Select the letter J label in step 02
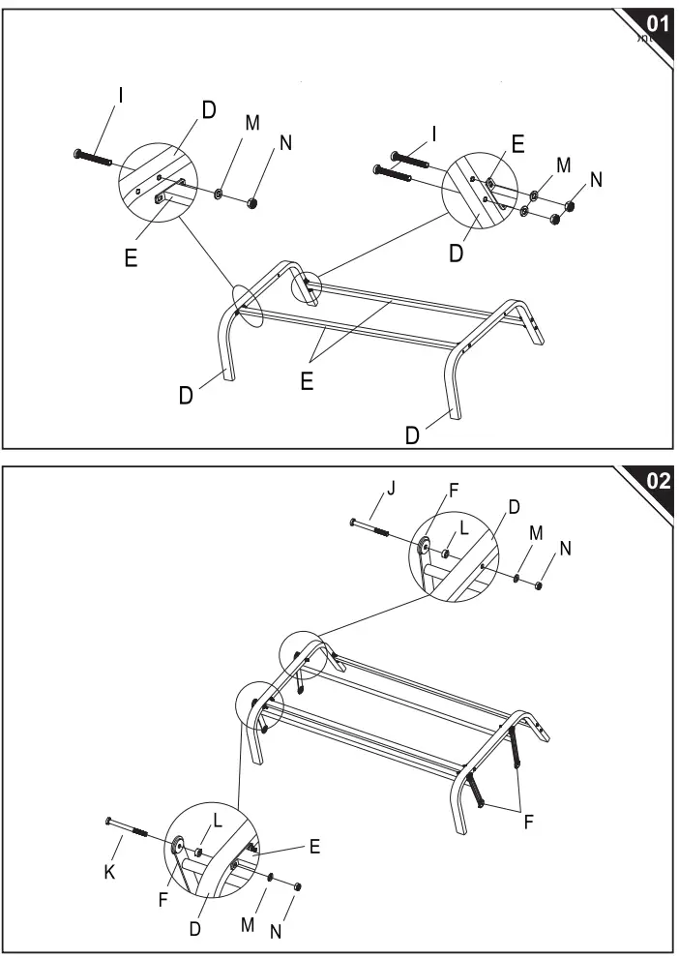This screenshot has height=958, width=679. coord(391,488)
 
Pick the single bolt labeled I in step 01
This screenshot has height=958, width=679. coord(93,157)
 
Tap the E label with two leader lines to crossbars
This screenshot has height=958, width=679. coord(306,381)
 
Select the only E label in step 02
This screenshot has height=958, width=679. coord(314,847)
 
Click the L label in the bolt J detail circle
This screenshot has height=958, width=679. coord(463,528)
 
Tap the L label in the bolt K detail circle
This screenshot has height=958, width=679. coord(218,820)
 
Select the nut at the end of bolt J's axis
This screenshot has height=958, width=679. coord(538,584)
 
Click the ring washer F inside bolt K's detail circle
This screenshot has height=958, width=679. coord(179,848)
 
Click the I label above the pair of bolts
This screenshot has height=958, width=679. coord(432,135)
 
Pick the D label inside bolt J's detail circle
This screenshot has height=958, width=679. coord(513,507)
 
